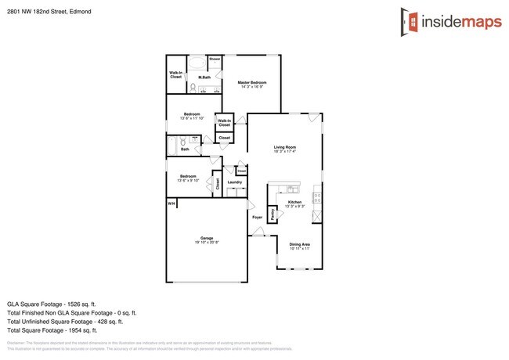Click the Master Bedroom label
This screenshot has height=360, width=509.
click(253, 82)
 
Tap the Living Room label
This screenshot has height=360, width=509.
click(284, 147)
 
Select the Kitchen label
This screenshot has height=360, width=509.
click(294, 202)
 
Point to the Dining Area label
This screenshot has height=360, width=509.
click(300, 244)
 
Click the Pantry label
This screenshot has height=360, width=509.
click(272, 213)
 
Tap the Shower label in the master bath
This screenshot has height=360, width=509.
click(214, 59)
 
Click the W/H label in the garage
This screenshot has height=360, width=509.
click(171, 203)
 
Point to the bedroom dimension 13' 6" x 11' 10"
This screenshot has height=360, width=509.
click(192, 119)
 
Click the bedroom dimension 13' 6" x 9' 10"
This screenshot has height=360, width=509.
click(188, 181)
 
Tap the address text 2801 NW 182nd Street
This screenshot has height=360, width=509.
click(41, 11)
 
